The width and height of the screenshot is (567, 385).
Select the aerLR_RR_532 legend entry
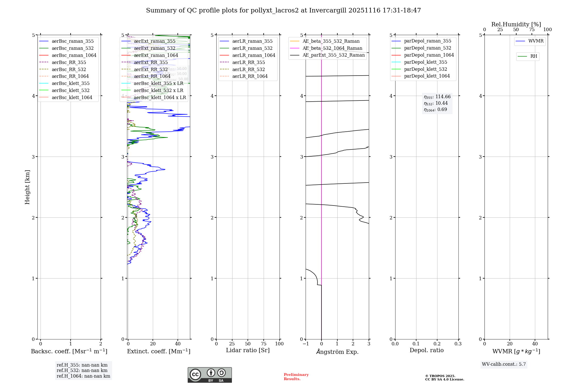pyautogui.click(x=248, y=69)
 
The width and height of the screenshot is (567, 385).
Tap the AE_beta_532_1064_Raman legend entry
pyautogui.click(x=332, y=48)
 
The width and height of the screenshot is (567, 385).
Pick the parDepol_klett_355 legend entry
pyautogui.click(x=426, y=62)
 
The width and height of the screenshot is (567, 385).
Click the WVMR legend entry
pyautogui.click(x=536, y=41)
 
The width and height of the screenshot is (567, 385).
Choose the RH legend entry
pyautogui.click(x=534, y=56)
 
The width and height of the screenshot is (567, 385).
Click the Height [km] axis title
pyautogui.click(x=27, y=187)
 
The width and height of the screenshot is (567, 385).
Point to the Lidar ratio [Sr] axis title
pyautogui.click(x=248, y=350)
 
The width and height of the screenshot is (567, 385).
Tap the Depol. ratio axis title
pyautogui.click(x=427, y=350)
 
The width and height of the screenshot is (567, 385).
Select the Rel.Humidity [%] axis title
pyautogui.click(x=516, y=24)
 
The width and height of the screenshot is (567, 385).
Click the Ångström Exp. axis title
pyautogui.click(x=337, y=352)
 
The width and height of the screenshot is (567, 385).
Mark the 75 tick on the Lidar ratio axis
pyautogui.click(x=264, y=344)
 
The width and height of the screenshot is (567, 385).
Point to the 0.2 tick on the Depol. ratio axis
pyautogui.click(x=437, y=344)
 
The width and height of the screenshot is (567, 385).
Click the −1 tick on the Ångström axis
pyautogui.click(x=306, y=344)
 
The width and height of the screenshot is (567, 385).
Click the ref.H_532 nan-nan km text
pyautogui.click(x=82, y=370)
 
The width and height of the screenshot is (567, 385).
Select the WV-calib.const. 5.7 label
pyautogui.click(x=504, y=364)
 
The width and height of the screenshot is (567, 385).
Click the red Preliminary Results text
pyautogui.click(x=296, y=377)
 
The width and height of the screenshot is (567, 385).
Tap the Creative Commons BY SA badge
pyautogui.click(x=210, y=375)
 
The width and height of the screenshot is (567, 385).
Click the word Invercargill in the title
pyautogui.click(x=328, y=10)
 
